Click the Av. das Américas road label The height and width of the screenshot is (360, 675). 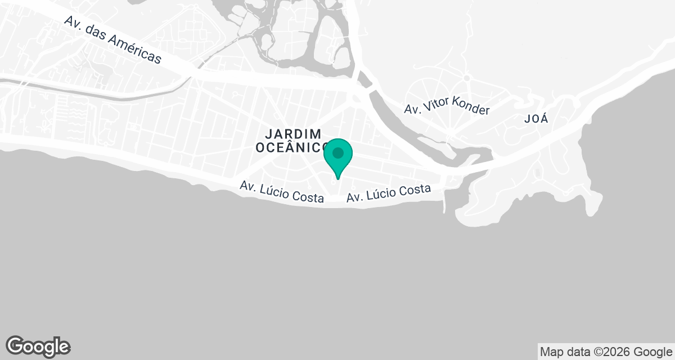pyautogui.click(x=112, y=39)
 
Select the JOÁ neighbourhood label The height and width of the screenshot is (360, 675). pyautogui.click(x=535, y=119)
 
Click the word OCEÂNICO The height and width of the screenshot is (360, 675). pyautogui.click(x=292, y=147)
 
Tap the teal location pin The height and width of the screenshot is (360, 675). pyautogui.click(x=337, y=157)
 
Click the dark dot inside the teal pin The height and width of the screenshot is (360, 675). pyautogui.click(x=337, y=153)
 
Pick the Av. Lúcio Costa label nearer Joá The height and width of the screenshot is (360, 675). pyautogui.click(x=389, y=193)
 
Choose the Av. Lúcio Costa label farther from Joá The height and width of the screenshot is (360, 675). pyautogui.click(x=282, y=191)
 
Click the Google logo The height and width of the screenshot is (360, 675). pyautogui.click(x=38, y=346)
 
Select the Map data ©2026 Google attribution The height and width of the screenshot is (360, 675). pyautogui.click(x=606, y=352)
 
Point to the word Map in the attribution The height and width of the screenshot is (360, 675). pyautogui.click(x=552, y=352)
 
